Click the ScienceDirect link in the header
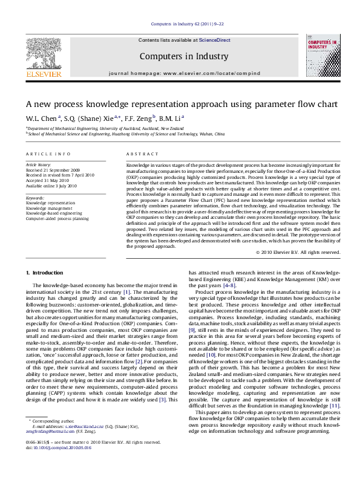coord(215,40)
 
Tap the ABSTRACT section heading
coord(139,155)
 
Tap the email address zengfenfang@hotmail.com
coord(47,449)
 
